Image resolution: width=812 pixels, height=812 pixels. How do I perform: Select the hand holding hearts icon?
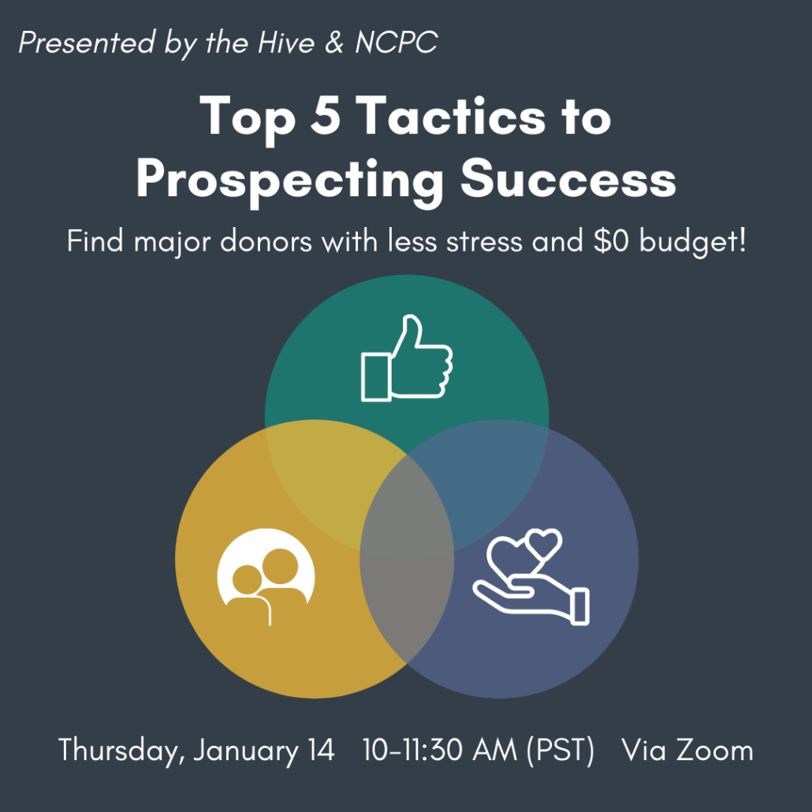tap(531, 577)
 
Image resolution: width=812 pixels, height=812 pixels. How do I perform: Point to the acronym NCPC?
tap(396, 43)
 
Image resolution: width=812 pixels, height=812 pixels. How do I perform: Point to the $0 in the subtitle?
tap(613, 241)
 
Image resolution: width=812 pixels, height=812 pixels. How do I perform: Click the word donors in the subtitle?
tap(266, 241)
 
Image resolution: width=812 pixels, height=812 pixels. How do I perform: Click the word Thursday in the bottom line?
tap(121, 750)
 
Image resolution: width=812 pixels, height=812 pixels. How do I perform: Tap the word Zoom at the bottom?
tap(716, 750)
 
